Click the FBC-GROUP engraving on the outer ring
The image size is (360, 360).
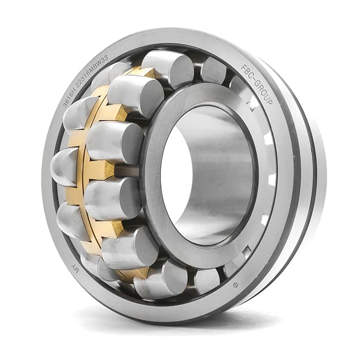click(257, 84)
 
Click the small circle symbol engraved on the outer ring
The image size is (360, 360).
click(236, 285)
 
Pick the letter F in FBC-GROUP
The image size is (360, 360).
click(244, 67)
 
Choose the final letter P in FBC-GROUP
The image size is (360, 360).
click(270, 101)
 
